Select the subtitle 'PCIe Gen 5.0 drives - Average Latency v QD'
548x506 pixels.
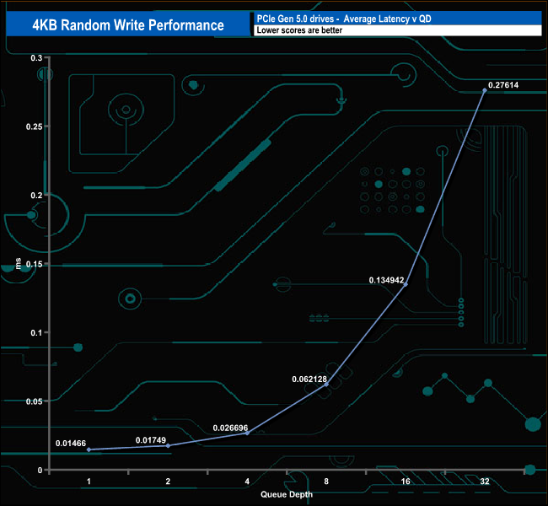point(343,19)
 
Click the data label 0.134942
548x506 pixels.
point(387,279)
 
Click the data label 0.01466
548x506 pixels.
point(73,444)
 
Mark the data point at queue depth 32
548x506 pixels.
point(485,90)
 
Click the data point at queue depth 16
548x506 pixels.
point(406,284)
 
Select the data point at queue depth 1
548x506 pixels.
point(89,449)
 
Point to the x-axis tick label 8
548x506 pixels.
point(326,481)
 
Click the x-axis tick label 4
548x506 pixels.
point(247,481)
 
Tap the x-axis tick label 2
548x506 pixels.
point(168,481)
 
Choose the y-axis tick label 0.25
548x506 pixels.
point(35,126)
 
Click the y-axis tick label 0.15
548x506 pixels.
point(35,264)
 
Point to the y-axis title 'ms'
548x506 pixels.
point(19,264)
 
